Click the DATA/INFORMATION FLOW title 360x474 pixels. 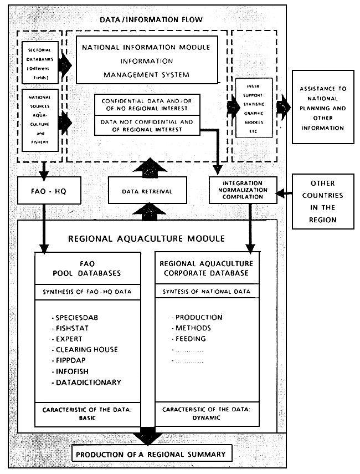[x=151, y=20]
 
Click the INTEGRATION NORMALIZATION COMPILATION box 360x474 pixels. [x=243, y=190]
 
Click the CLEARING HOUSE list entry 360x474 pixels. [x=87, y=349]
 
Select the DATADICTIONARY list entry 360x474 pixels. [x=89, y=382]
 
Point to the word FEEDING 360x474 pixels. [x=191, y=338]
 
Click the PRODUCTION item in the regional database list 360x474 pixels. [x=199, y=317]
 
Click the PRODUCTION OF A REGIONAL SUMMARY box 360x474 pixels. [x=151, y=455]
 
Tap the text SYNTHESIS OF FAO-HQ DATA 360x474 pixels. [x=90, y=292]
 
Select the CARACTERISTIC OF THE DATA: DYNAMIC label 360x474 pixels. [x=206, y=414]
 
